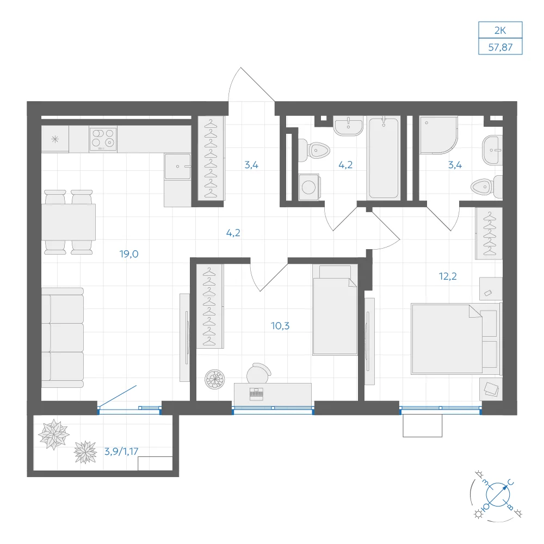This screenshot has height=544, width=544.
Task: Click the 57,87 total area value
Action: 500,47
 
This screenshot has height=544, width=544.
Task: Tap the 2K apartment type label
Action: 500,30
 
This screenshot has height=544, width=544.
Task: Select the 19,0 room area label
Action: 129,254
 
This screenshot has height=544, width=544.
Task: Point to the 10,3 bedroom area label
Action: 280,326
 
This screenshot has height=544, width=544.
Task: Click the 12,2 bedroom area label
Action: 448,276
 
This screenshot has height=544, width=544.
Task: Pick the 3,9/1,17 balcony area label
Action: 121,452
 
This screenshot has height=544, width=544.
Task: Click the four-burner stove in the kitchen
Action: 103,139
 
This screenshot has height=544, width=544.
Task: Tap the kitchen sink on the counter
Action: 178,166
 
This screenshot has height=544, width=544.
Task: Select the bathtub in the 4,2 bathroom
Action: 384,158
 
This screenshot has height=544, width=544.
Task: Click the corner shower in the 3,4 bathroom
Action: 437,135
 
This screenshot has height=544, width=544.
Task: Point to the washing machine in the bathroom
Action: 309,187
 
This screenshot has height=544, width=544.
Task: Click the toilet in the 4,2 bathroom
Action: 314,150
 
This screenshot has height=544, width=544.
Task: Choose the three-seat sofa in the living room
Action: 63,338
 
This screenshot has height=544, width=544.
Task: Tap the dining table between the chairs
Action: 69,222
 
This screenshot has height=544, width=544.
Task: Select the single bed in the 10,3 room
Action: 335,310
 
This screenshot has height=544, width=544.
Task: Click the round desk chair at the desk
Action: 258,373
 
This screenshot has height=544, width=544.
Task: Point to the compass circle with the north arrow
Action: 497,494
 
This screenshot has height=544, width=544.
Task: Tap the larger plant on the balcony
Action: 54,434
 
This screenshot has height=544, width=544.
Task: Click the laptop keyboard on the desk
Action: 256,393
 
